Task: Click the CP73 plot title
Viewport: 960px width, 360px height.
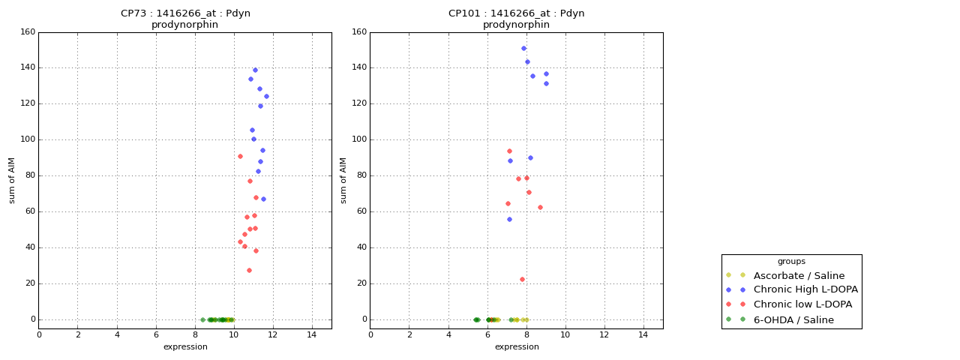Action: [x=185, y=19]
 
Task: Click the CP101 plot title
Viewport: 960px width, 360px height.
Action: [x=516, y=19]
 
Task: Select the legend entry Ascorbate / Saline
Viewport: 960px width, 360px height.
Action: [x=799, y=276]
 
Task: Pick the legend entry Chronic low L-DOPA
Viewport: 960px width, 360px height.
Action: [x=802, y=305]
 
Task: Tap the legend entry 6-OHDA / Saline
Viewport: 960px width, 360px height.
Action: [x=793, y=320]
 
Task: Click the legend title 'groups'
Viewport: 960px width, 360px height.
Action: [x=791, y=262]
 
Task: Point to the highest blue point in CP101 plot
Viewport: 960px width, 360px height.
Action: [x=523, y=48]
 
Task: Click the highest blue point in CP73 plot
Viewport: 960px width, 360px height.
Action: [x=255, y=70]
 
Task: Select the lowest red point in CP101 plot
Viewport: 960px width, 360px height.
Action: [x=522, y=279]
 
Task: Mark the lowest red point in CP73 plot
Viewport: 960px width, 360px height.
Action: [x=249, y=270]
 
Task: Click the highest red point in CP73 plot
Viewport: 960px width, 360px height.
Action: [x=240, y=156]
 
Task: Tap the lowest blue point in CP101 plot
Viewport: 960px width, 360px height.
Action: [x=509, y=219]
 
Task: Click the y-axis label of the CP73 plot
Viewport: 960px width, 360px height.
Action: [x=12, y=180]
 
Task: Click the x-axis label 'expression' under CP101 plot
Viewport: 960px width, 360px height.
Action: [x=516, y=347]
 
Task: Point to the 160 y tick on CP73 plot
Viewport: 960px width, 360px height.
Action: [x=27, y=32]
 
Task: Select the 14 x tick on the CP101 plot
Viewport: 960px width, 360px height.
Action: [x=643, y=334]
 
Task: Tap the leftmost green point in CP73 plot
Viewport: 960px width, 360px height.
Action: [x=202, y=319]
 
